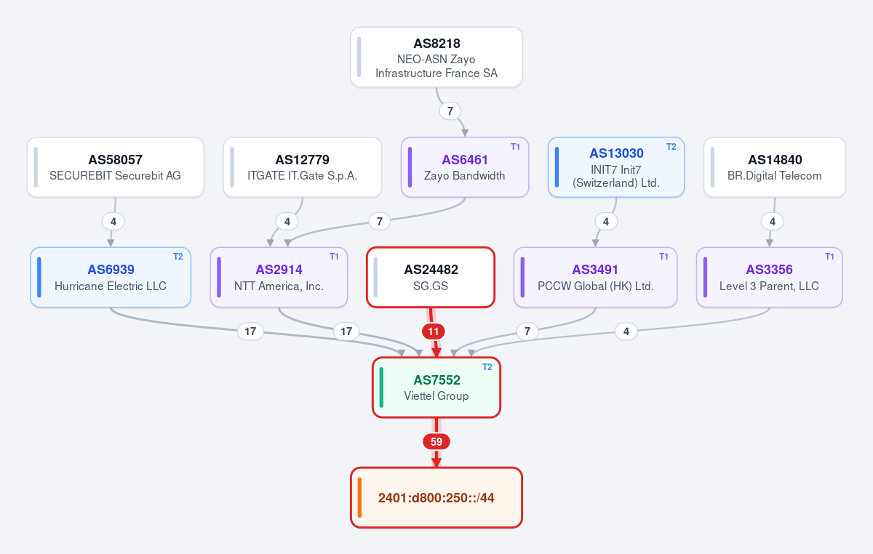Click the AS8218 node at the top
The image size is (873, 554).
tap(436, 57)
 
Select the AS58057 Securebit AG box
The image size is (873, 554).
tap(116, 167)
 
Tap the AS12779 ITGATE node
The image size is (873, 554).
tap(303, 167)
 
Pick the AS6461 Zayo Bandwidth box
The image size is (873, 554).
tap(465, 167)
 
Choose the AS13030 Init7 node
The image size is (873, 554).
tap(616, 167)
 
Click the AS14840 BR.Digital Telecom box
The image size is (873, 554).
tap(775, 167)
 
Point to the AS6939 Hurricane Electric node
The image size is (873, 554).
tap(111, 278)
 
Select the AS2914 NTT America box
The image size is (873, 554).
tap(279, 278)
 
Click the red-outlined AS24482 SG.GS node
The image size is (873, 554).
tap(431, 278)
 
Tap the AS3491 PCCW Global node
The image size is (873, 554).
tap(596, 278)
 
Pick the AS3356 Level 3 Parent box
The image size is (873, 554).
tap(770, 278)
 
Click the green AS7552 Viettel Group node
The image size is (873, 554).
tap(436, 388)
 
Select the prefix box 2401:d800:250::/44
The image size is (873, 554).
tap(436, 498)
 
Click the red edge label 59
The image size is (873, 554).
tap(436, 442)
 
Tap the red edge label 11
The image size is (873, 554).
tap(434, 332)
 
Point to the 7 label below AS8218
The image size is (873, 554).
tap(450, 111)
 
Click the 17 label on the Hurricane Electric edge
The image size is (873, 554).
tap(250, 332)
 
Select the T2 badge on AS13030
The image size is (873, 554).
tap(671, 147)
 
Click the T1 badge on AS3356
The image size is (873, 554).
tap(829, 257)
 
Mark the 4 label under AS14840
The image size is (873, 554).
tap(773, 222)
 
